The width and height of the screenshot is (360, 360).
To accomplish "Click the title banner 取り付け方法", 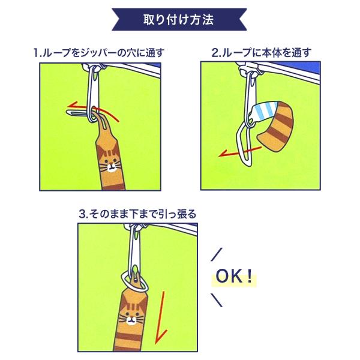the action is pos(179,20).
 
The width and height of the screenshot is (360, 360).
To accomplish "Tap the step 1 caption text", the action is pos(99,53).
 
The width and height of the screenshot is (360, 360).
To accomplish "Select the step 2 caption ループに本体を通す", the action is pos(261,53).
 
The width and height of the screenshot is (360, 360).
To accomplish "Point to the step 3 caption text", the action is pos(137,214).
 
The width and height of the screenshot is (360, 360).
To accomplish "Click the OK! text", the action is pos(234,276).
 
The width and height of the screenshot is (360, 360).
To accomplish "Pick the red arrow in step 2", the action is pos(239,152).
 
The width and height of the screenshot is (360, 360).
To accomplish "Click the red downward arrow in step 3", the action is pos(161,318).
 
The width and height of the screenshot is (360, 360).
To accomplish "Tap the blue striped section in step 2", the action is pos(264,113).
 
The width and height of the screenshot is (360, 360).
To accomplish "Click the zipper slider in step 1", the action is pos(94,68).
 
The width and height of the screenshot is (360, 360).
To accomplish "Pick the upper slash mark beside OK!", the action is pos(217,254).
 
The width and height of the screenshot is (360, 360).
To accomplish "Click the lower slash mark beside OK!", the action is pos(217,300).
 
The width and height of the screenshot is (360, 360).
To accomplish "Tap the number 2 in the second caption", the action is pos(215,53).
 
